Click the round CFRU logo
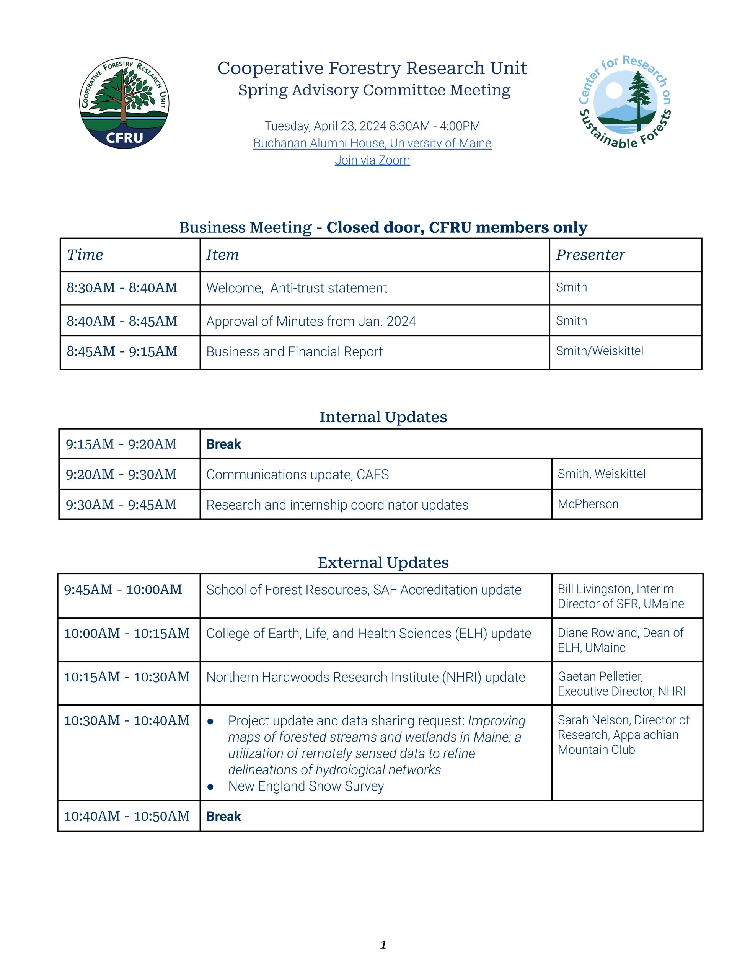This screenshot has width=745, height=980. [124, 103]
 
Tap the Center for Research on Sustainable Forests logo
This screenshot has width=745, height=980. [625, 102]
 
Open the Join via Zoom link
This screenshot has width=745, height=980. [372, 160]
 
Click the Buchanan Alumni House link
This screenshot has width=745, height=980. [372, 143]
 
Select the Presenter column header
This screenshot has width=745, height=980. [590, 255]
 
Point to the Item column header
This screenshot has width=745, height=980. [222, 255]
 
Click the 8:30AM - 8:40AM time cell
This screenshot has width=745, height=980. [122, 288]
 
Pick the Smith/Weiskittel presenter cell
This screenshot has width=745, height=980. [600, 351]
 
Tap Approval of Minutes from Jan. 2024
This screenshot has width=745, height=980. [311, 321]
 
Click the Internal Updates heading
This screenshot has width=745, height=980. [383, 417]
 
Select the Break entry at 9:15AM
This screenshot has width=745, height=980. [223, 444]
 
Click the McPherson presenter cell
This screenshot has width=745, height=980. [588, 505]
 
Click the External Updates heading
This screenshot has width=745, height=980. [383, 562]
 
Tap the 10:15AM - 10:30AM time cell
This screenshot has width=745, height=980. [127, 677]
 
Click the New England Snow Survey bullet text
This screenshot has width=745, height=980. [306, 786]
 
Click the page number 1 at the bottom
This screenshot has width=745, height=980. [383, 945]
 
